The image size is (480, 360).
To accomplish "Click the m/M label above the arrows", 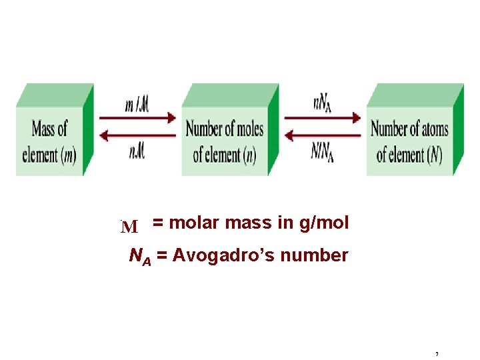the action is tap(137, 104).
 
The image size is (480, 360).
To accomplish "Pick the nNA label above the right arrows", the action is tap(323, 104).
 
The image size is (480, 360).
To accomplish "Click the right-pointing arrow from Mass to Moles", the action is tap(138, 119).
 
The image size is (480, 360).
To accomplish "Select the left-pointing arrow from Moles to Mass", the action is tap(138, 135).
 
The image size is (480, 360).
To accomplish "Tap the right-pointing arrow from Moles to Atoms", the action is tap(323, 119).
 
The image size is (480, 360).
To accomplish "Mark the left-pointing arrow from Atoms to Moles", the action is tap(323, 135).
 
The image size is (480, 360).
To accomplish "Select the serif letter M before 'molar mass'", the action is tap(129, 227).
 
